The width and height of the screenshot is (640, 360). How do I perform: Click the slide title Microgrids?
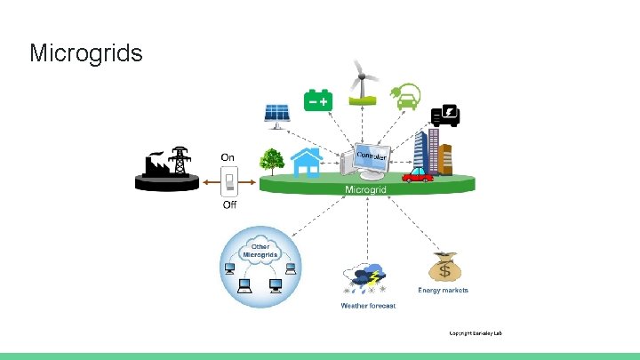point(85,53)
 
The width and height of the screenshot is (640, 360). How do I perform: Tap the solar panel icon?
point(276,115)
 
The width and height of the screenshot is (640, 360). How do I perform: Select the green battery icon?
point(318,100)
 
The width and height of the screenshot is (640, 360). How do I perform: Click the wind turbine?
point(360,81)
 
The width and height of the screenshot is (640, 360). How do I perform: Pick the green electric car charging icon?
point(407,96)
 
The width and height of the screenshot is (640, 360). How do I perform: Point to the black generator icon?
point(444,116)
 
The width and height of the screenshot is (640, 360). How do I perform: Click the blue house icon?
point(307,162)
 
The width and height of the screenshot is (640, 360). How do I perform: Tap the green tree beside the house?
point(271,161)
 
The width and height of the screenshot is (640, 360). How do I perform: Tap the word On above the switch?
point(228,157)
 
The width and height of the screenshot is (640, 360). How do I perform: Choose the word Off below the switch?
point(228,205)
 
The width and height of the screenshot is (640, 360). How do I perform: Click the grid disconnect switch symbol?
point(228,182)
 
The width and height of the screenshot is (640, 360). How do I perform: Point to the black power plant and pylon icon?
point(167,167)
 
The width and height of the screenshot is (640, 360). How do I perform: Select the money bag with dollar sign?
point(444,268)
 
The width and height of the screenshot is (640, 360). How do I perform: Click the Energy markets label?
point(443,291)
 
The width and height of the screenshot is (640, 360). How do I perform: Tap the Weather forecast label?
point(368,306)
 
